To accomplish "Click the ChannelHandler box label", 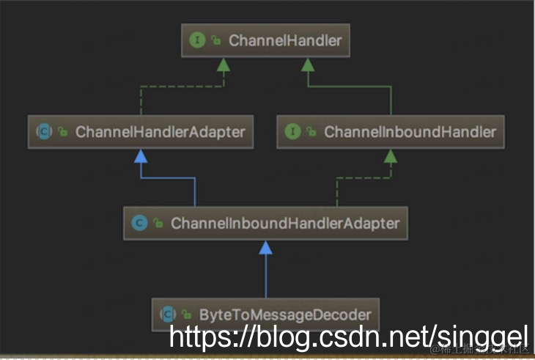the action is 285,40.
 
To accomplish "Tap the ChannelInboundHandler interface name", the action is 410,132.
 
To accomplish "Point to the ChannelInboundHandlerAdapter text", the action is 285,222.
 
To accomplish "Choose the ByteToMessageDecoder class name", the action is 285,315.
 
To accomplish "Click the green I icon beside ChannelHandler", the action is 197,40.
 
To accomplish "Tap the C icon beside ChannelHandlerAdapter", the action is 43,132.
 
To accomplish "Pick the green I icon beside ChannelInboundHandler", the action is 293,132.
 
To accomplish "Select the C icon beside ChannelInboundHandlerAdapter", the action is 139,222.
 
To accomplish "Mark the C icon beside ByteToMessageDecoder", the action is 168,315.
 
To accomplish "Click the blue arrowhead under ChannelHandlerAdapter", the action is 141,155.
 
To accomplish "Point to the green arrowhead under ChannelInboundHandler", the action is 391,155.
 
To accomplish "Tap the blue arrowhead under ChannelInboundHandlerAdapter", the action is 265,247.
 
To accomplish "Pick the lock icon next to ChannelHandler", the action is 216,41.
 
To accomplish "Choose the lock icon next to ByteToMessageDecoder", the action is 187,315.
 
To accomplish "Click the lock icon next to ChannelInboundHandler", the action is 311,133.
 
